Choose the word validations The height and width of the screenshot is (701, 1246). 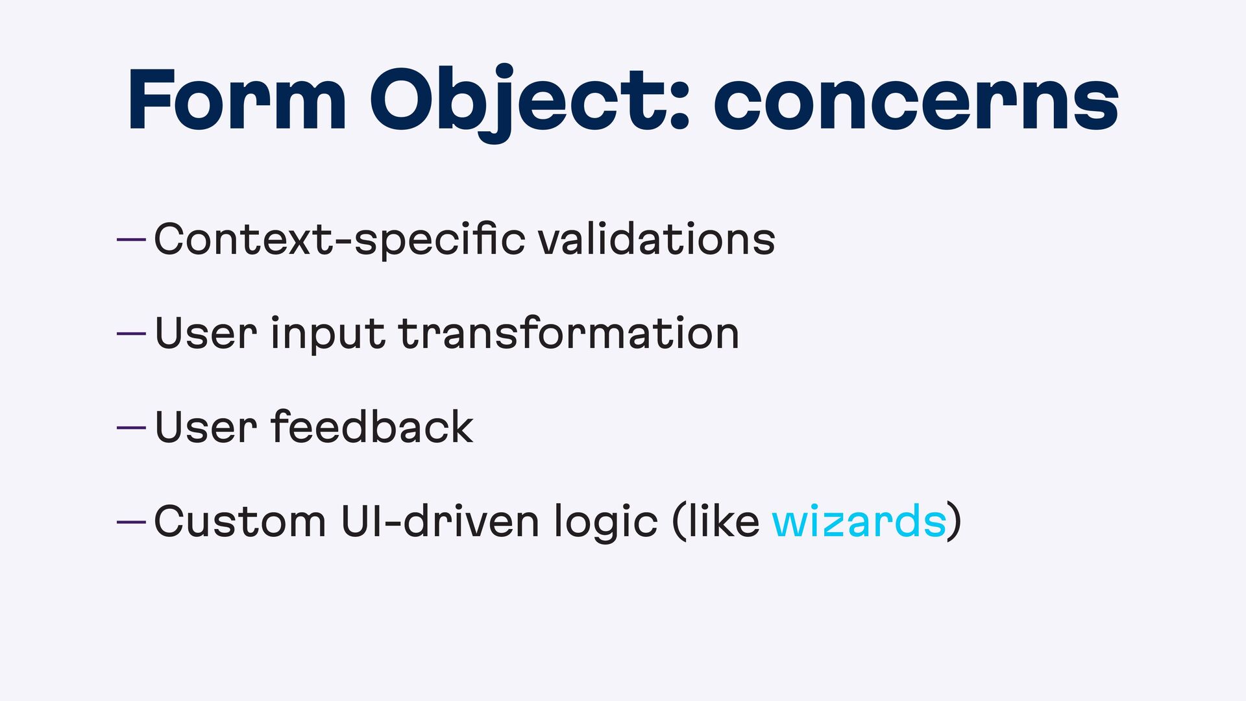coord(657,238)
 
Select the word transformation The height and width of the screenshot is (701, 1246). coord(568,333)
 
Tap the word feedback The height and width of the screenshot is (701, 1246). coord(372,426)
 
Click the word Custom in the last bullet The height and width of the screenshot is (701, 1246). coord(240,521)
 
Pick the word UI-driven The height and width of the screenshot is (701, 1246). coord(440,521)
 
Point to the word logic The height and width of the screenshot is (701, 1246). coord(605,523)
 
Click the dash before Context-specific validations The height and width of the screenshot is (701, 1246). coord(131,240)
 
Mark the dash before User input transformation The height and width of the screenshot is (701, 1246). coord(131,334)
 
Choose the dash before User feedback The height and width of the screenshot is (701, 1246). coord(131,428)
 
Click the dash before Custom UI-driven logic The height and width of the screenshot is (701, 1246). coord(131,522)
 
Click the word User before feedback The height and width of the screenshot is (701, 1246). coord(206,427)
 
